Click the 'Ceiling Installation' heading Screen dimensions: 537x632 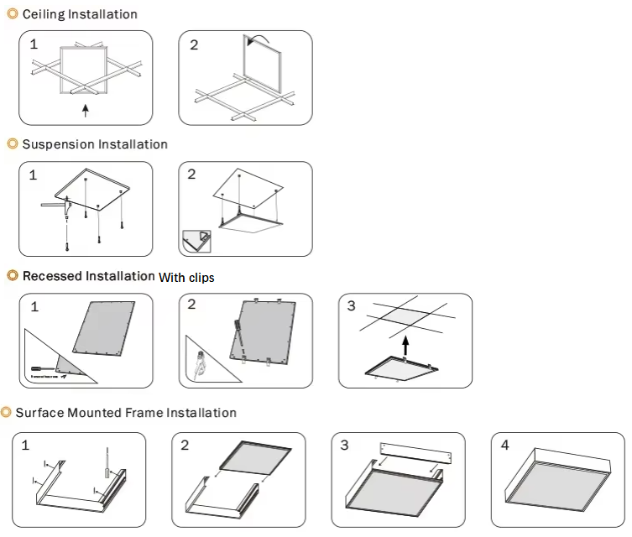tap(80, 14)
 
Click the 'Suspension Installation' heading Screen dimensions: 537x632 tap(95, 144)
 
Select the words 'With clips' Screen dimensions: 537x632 tap(186, 277)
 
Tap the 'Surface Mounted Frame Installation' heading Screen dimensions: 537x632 tap(126, 413)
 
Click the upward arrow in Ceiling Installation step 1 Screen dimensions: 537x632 tap(85, 110)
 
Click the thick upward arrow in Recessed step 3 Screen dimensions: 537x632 tap(405, 345)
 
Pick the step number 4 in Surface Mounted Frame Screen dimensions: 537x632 tap(504, 445)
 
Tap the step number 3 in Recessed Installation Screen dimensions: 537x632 tap(351, 306)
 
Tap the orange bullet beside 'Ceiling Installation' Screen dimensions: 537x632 tap(12, 14)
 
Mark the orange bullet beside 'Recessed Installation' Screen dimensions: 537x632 tap(12, 276)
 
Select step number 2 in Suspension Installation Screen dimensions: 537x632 tap(192, 175)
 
